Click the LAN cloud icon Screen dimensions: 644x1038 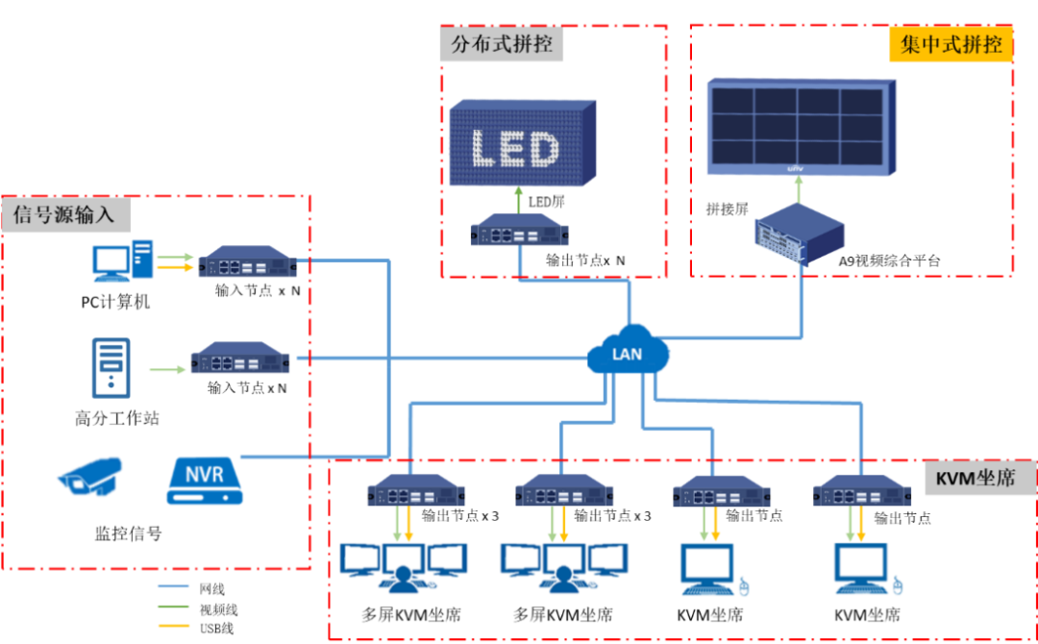pyautogui.click(x=629, y=354)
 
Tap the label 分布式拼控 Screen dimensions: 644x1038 pyautogui.click(x=502, y=44)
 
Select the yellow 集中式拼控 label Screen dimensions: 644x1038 pyautogui.click(x=951, y=45)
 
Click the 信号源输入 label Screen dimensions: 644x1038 pyautogui.click(x=64, y=213)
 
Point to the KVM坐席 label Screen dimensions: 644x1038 pyautogui.click(x=974, y=478)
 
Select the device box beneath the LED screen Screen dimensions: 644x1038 pyautogui.click(x=519, y=231)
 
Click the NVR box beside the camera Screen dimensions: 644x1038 pyautogui.click(x=205, y=481)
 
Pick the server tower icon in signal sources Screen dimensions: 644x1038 pyautogui.click(x=111, y=367)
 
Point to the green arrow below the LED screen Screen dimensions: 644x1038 pyautogui.click(x=519, y=200)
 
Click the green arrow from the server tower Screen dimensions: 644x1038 pyautogui.click(x=168, y=369)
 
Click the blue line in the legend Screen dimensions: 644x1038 pyautogui.click(x=174, y=585)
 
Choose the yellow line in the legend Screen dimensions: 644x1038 pyautogui.click(x=174, y=626)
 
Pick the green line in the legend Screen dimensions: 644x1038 pyautogui.click(x=174, y=606)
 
